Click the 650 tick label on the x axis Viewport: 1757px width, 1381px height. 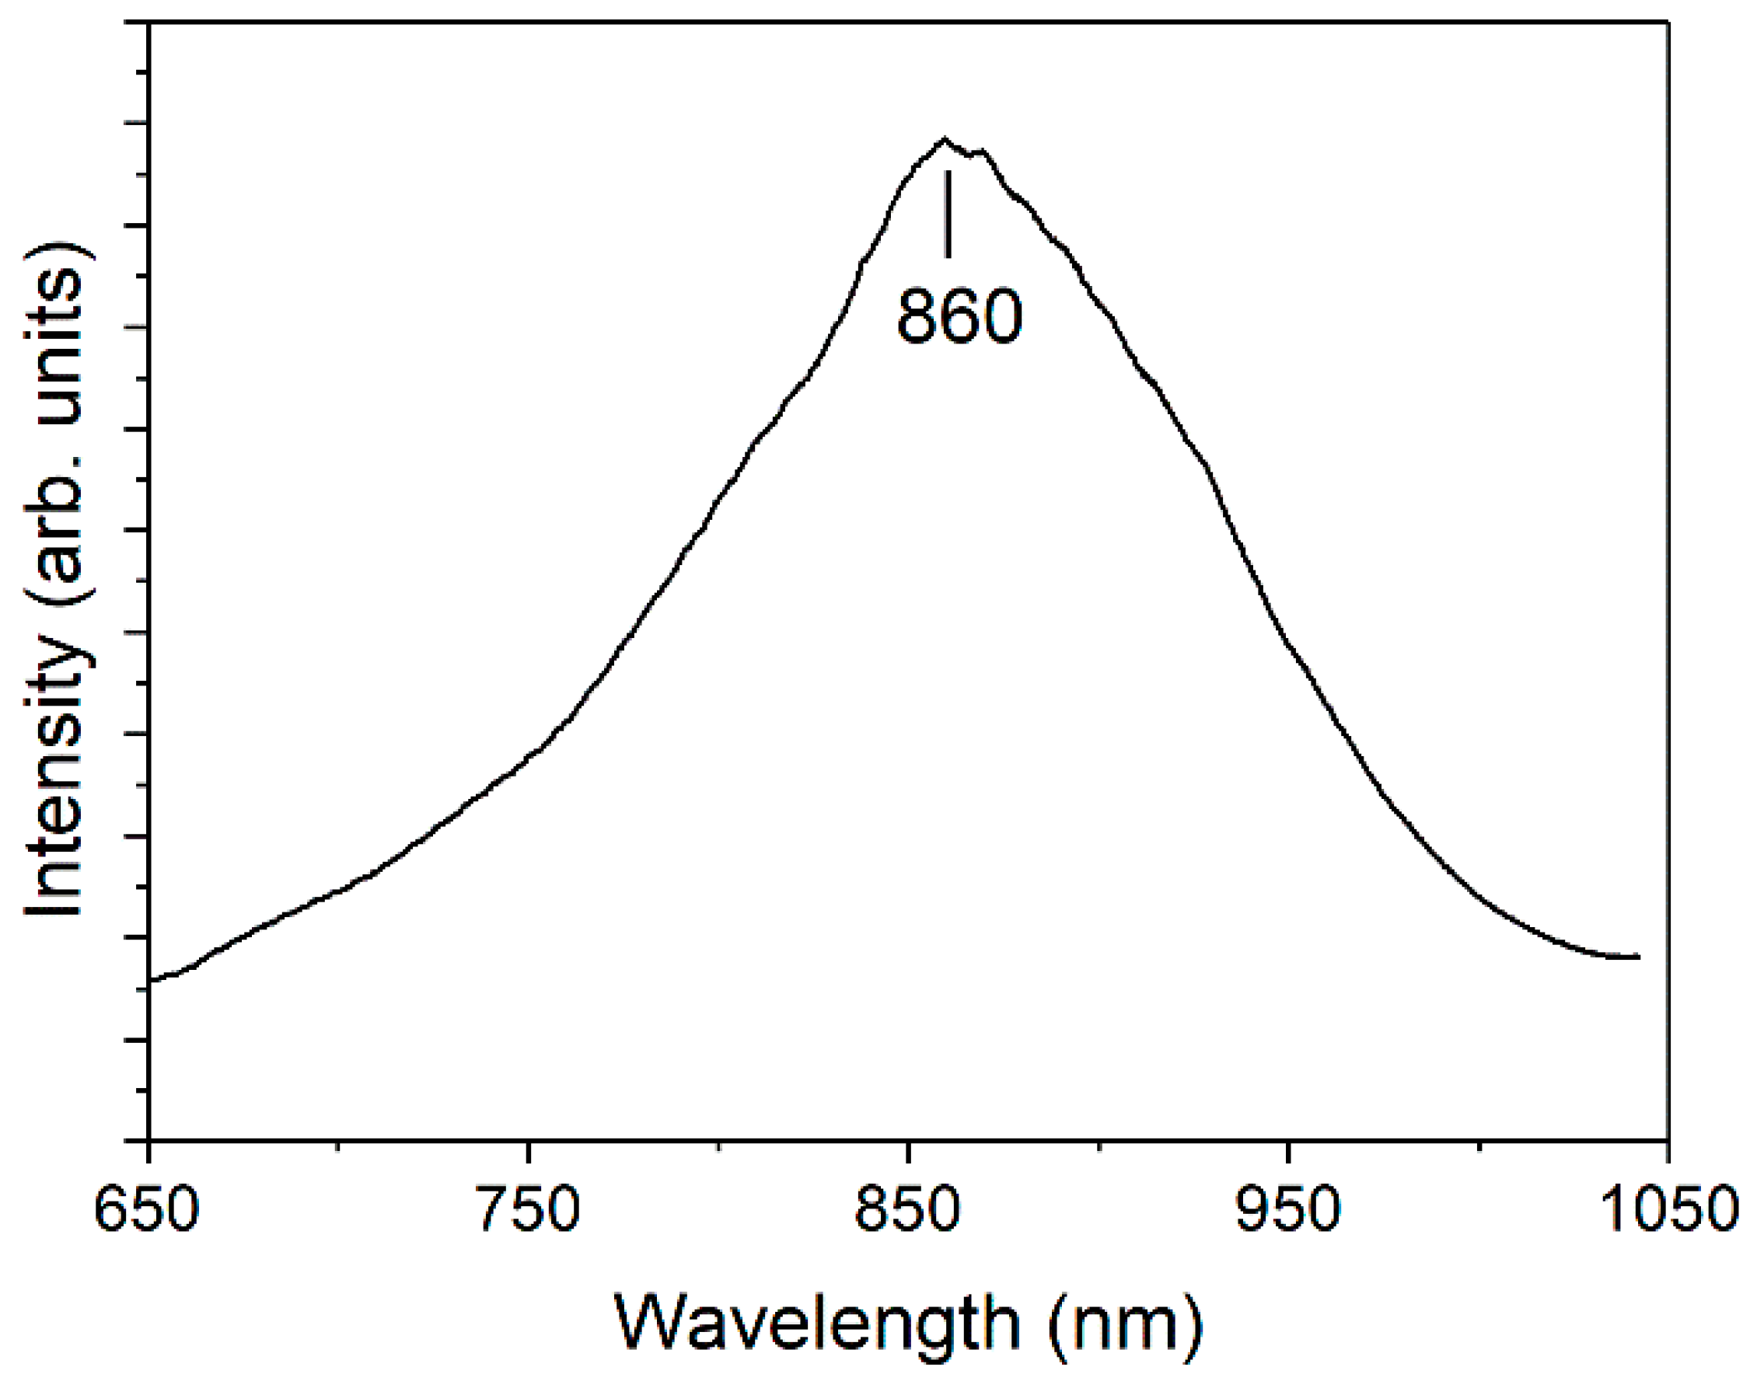click(x=146, y=1210)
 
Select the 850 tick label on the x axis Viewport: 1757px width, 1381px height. click(x=907, y=1210)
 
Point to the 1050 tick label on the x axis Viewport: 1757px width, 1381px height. click(x=1668, y=1210)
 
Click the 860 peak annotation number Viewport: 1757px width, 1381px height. click(x=959, y=316)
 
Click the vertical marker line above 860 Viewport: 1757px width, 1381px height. click(x=948, y=214)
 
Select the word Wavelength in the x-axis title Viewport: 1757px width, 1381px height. click(x=817, y=1323)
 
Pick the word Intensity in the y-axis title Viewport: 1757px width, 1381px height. click(x=55, y=774)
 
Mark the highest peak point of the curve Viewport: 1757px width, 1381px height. click(x=944, y=138)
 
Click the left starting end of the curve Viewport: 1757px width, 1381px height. click(x=152, y=980)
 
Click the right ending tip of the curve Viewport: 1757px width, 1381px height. click(x=1639, y=957)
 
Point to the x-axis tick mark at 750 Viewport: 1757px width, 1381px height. click(x=529, y=1150)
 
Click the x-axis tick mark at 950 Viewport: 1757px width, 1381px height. click(x=1288, y=1150)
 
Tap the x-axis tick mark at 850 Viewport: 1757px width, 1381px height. click(x=908, y=1150)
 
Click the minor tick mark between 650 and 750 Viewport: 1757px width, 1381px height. click(x=338, y=1146)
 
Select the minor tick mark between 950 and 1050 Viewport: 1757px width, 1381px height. click(x=1479, y=1146)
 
